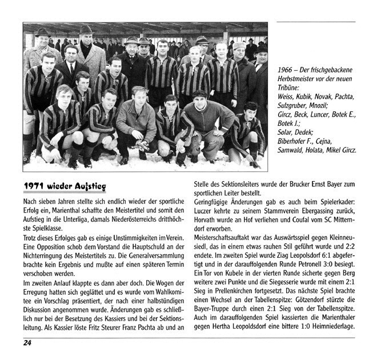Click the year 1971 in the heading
35,187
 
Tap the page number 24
27,343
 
